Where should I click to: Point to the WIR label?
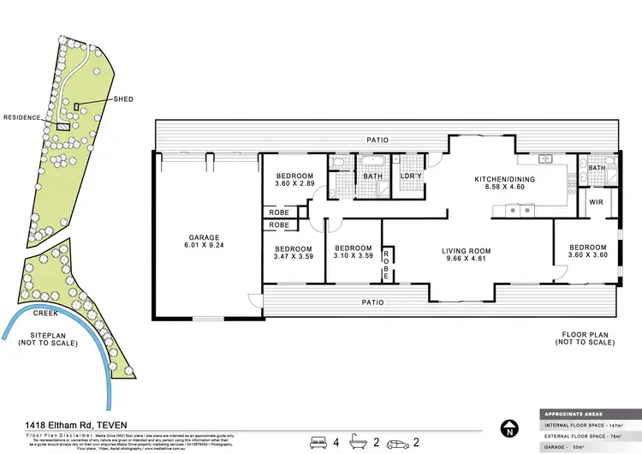point(595,203)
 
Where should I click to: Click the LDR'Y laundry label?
point(410,176)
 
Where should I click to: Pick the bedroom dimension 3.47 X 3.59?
point(293,255)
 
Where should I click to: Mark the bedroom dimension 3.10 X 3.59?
point(354,255)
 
